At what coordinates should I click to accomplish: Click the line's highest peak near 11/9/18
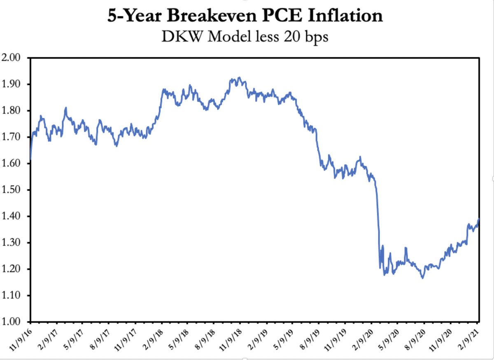point(239,77)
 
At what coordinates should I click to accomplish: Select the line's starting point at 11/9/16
point(31,159)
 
